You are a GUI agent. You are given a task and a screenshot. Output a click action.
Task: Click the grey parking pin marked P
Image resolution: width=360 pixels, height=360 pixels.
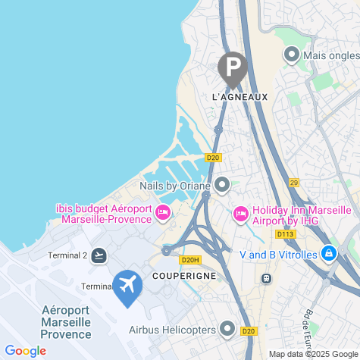[x=232, y=67]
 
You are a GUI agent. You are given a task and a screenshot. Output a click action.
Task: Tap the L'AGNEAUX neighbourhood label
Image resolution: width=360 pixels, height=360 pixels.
[x=235, y=98]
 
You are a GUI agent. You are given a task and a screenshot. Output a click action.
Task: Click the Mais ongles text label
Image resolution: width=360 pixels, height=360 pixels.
[x=330, y=55]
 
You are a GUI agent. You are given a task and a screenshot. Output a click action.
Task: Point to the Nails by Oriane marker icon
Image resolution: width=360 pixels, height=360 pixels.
[x=222, y=184]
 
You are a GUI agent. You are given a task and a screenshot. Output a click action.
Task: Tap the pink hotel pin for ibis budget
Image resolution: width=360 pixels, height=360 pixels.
[x=162, y=214]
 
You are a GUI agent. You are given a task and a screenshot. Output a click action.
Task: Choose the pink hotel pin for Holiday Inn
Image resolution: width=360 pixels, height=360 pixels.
[x=240, y=214]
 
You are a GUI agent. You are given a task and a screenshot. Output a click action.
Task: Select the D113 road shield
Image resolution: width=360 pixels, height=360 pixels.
[x=285, y=234]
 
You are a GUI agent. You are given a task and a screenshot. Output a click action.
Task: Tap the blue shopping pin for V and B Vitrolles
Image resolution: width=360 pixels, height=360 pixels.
[x=328, y=254]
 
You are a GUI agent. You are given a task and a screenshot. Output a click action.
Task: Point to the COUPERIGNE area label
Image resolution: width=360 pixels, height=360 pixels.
[x=185, y=275]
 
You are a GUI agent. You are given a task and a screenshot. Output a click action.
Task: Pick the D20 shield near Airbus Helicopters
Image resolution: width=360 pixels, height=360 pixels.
[x=249, y=330]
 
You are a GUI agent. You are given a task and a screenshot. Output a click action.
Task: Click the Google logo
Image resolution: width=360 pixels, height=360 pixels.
[x=25, y=350]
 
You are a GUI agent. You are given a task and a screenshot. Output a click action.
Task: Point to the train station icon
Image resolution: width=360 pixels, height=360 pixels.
[x=266, y=278]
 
